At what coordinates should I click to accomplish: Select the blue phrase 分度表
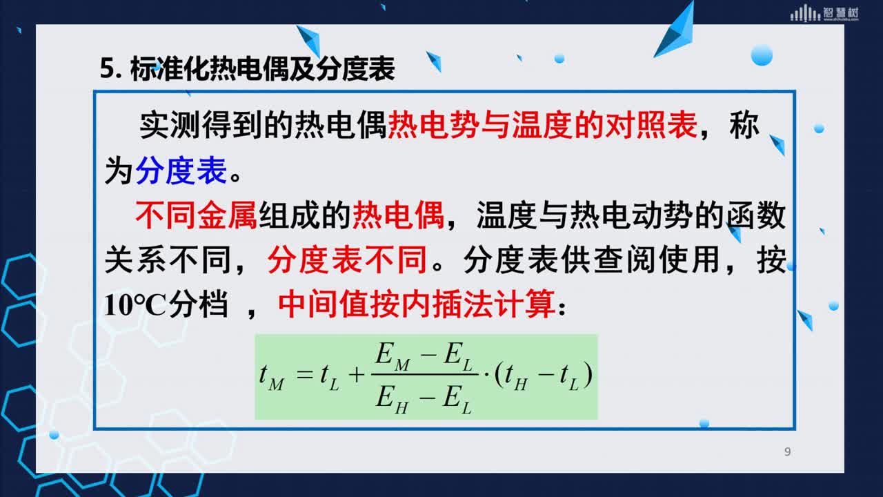(x=181, y=170)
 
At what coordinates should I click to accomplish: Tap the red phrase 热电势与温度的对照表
(x=543, y=125)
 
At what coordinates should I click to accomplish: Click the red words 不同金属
(x=196, y=215)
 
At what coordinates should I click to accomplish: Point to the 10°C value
(x=135, y=305)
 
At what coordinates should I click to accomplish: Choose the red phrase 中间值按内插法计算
(x=417, y=304)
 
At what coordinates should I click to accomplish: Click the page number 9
(x=787, y=451)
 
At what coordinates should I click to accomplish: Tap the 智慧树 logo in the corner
(x=824, y=13)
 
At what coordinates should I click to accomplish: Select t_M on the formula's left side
(x=271, y=377)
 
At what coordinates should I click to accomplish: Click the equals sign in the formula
(x=305, y=374)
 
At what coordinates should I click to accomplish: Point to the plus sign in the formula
(x=357, y=374)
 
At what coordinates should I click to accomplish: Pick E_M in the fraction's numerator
(x=393, y=357)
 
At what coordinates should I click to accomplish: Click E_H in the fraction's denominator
(x=392, y=400)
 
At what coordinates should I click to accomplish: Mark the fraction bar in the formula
(x=425, y=374)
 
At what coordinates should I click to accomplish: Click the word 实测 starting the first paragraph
(x=170, y=125)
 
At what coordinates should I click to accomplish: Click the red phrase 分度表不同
(x=347, y=260)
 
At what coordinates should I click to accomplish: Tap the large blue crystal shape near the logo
(x=675, y=31)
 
